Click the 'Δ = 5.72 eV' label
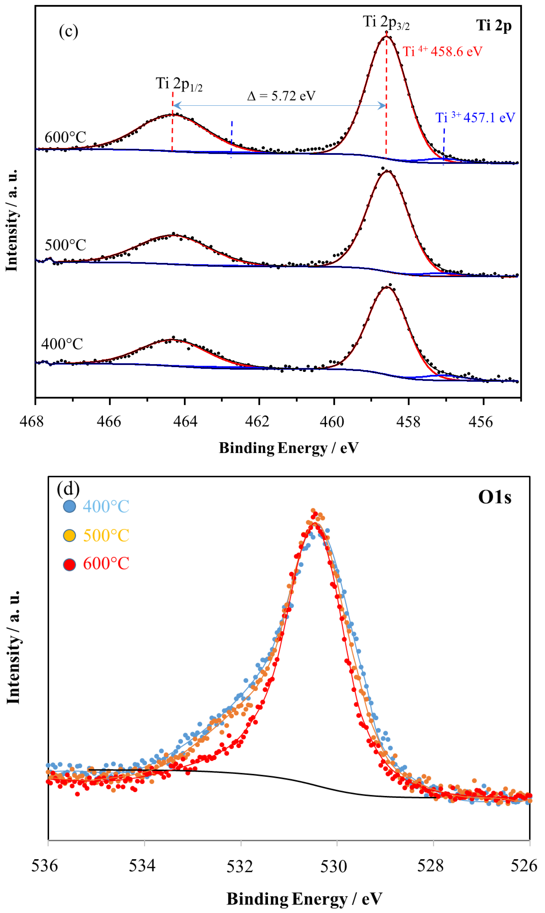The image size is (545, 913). pos(281,96)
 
